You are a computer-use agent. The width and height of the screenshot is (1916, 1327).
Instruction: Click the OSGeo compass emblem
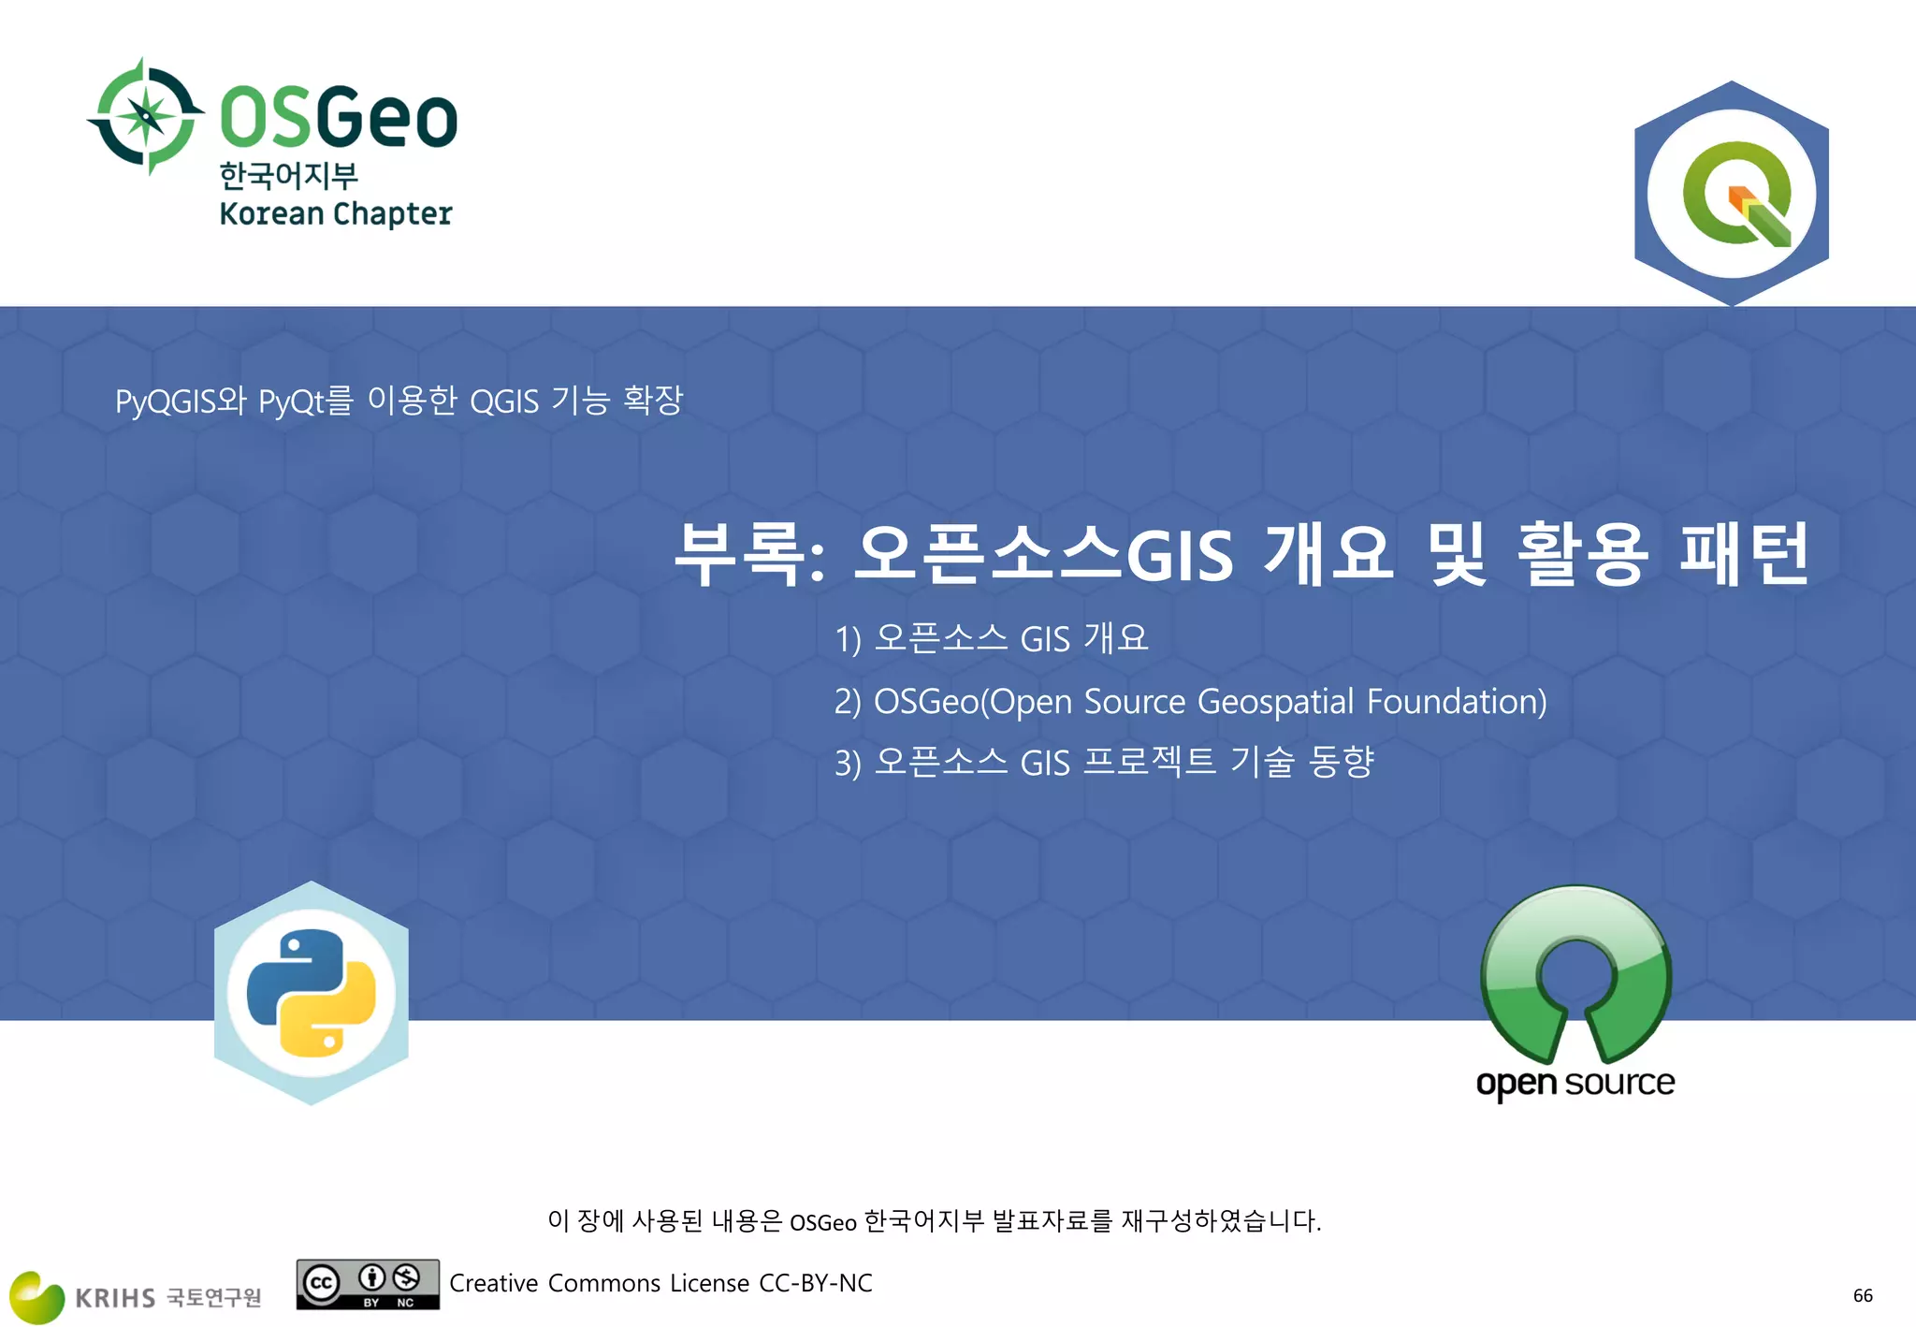(x=145, y=117)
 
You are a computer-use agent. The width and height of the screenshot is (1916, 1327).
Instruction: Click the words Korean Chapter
(x=335, y=213)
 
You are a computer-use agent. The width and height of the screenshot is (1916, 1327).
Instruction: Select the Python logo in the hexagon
(x=312, y=993)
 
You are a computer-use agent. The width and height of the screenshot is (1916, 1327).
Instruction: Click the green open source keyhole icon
(x=1575, y=974)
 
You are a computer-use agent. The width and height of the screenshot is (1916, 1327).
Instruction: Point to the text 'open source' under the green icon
(x=1575, y=1083)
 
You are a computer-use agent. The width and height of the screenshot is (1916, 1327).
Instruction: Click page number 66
(x=1863, y=1295)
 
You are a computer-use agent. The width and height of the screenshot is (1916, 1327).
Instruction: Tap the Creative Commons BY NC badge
(x=368, y=1284)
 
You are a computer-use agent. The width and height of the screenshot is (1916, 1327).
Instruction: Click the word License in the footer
(x=709, y=1283)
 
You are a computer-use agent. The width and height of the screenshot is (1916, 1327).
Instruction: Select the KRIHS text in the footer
(x=115, y=1298)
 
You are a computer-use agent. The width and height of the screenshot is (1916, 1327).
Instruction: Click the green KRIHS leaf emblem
(x=36, y=1296)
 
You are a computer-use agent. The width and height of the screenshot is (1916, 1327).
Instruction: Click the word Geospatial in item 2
(x=1275, y=701)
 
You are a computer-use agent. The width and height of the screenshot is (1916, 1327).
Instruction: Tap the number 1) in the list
(x=848, y=640)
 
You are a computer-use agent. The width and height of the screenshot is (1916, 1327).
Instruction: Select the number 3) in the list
(x=848, y=764)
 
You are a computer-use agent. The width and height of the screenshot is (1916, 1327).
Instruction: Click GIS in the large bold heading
(x=1180, y=556)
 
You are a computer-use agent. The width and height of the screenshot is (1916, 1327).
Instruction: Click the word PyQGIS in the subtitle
(x=166, y=401)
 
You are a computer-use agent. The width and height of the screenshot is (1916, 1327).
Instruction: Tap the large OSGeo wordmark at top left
(x=338, y=117)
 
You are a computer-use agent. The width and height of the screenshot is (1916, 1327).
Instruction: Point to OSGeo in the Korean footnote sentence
(x=822, y=1222)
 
